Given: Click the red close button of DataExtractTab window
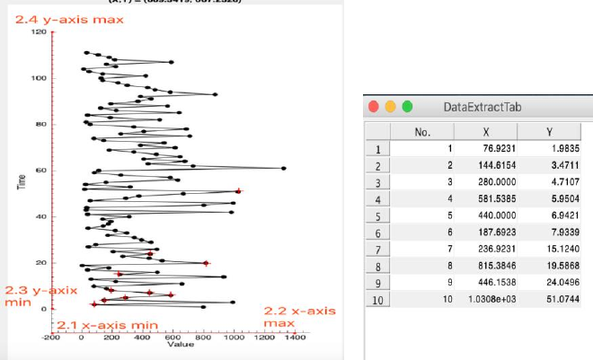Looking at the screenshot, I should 376,106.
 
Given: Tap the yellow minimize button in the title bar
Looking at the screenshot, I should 391,106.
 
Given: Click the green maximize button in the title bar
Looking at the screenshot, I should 407,106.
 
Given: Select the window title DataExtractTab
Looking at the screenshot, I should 482,107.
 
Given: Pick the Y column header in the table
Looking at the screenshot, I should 549,132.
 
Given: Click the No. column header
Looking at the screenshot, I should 423,132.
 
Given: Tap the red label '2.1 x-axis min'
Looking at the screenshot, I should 108,324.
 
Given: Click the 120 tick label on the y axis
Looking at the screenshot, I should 39,32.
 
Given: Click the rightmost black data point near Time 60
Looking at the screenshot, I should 284,168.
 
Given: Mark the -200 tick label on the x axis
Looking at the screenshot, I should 50,338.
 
